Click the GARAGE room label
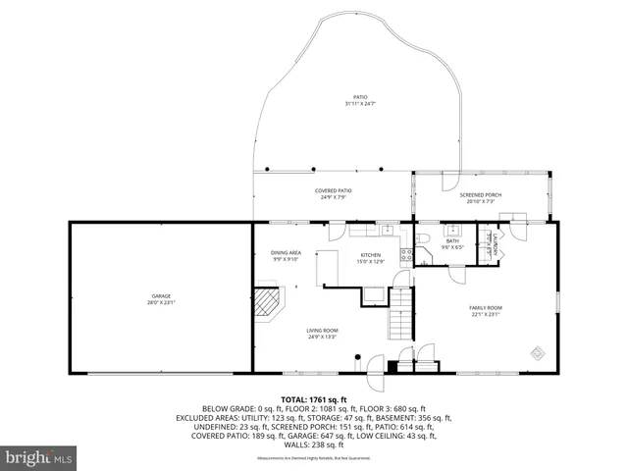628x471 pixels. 161,295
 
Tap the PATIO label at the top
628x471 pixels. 359,96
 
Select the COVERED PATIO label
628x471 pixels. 334,190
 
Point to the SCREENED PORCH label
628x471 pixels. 481,194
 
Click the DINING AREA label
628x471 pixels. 286,253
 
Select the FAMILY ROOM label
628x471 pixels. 487,308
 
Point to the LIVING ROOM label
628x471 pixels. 322,331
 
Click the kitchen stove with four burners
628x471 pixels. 406,255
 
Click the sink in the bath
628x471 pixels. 452,231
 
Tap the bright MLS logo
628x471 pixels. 39,457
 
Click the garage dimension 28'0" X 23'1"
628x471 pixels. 161,302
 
